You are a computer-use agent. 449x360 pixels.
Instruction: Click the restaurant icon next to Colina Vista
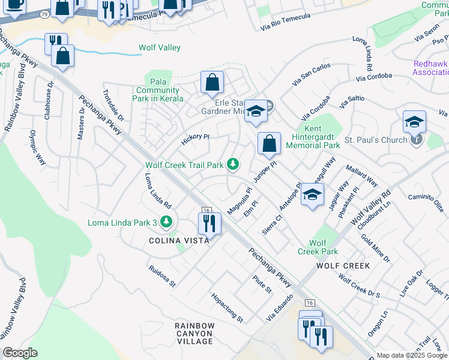click(210, 223)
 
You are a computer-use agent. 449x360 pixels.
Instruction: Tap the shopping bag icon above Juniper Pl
click(270, 143)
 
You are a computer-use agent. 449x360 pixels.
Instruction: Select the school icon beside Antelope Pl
click(312, 194)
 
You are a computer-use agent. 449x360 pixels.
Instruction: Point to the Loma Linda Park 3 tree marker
click(166, 223)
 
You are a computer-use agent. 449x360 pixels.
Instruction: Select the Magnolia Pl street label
click(240, 200)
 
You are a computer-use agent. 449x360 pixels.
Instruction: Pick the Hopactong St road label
click(226, 307)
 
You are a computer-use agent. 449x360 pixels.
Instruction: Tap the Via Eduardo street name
click(280, 307)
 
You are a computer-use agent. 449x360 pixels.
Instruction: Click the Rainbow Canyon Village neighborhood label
click(194, 334)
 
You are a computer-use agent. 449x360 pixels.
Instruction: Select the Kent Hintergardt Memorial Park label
click(313, 137)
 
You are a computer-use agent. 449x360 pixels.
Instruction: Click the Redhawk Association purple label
click(430, 68)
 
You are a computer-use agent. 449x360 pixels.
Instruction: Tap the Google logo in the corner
click(20, 353)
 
